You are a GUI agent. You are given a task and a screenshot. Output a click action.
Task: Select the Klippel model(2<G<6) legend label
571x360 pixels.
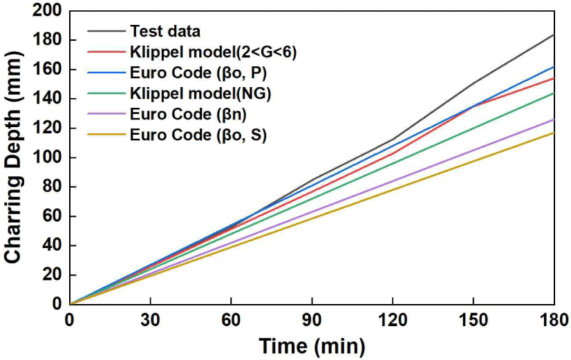213,52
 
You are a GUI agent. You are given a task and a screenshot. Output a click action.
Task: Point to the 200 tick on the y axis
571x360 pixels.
48,11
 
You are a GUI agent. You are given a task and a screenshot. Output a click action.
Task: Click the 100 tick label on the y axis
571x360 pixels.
48,158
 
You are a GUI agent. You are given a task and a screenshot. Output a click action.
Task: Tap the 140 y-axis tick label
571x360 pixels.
48,99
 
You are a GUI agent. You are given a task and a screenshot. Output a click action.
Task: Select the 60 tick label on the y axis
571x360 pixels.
52,216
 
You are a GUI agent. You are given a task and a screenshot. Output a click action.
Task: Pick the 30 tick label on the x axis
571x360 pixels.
150,319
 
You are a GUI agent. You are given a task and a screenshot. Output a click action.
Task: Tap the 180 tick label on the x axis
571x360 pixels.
554,319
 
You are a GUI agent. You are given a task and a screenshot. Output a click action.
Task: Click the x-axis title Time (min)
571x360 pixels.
312,344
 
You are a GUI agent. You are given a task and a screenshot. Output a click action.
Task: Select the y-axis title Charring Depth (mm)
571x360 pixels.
14,158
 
